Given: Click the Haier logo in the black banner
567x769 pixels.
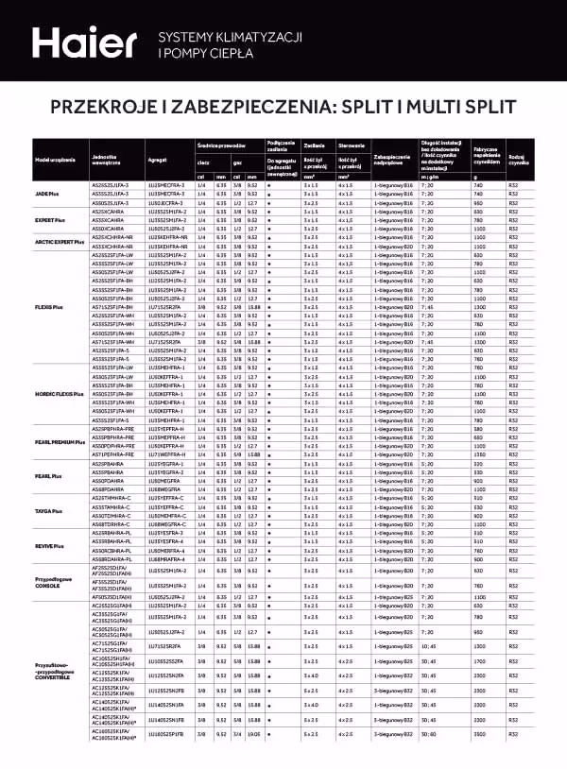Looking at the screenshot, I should [84, 43].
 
